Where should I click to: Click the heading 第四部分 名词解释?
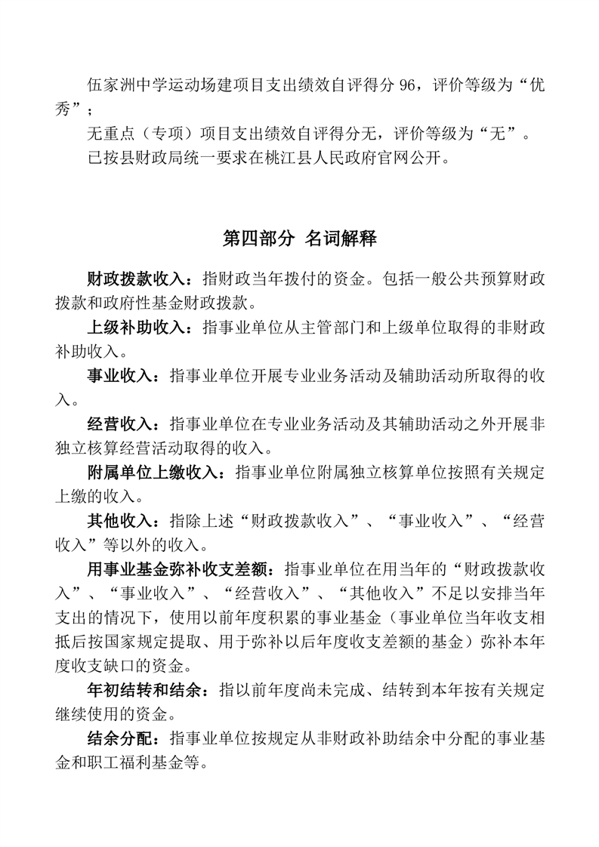(x=299, y=239)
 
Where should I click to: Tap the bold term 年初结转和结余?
(x=148, y=691)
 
